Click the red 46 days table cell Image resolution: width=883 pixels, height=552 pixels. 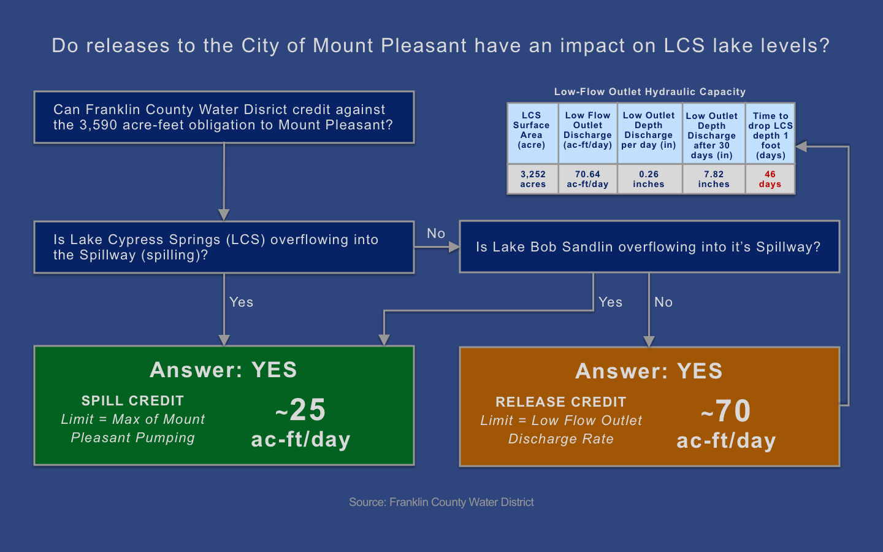click(x=770, y=179)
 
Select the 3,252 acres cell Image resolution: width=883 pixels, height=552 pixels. click(x=532, y=179)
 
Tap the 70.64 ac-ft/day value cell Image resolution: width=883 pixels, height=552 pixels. click(x=587, y=179)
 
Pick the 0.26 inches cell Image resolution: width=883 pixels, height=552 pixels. click(x=649, y=179)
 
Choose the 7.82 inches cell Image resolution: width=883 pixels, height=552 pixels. click(x=714, y=179)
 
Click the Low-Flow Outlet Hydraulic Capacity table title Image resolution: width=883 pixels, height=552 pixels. click(x=649, y=92)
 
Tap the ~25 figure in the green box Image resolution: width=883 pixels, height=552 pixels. click(x=300, y=410)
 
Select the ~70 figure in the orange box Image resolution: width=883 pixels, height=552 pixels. click(x=726, y=411)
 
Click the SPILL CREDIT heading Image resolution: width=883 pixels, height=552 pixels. click(x=132, y=401)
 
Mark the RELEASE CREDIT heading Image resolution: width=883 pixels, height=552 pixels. click(x=560, y=402)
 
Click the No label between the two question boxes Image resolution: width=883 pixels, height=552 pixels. click(x=436, y=234)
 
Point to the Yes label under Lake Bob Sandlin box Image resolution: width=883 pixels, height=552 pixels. click(x=610, y=302)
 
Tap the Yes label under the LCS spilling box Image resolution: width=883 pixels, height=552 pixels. click(x=241, y=302)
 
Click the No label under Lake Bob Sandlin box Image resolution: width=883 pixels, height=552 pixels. click(x=663, y=302)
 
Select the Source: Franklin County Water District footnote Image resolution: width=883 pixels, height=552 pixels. click(x=441, y=502)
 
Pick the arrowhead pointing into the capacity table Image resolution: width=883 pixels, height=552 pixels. click(x=801, y=147)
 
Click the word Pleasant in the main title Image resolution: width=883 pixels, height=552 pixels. click(x=423, y=45)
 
